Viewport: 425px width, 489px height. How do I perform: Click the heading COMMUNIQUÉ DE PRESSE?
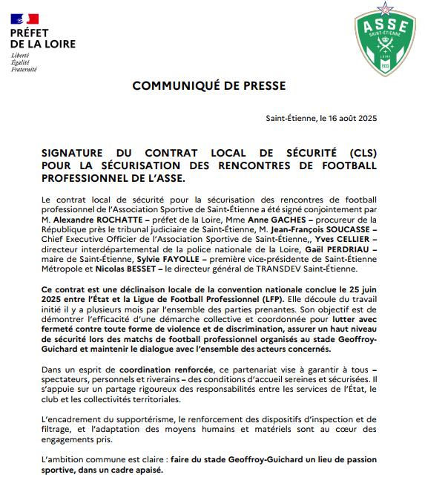coord(208,86)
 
